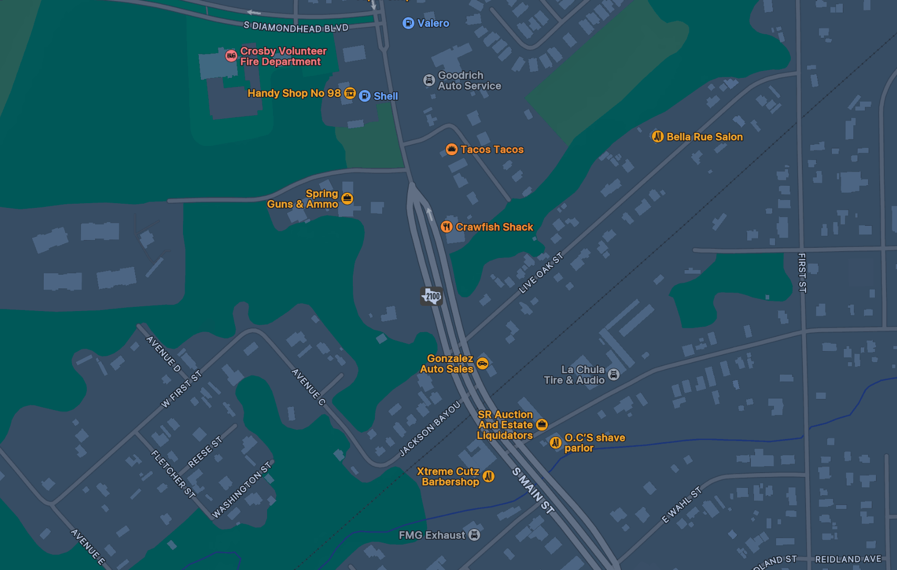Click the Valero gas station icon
point(408,23)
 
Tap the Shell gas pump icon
point(364,96)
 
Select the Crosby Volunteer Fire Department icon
point(231,56)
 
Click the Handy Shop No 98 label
point(294,93)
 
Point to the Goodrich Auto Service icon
point(429,80)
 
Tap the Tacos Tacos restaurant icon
point(451,149)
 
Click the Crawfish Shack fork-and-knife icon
point(446,227)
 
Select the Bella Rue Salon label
point(704,137)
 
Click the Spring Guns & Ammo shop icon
point(347,198)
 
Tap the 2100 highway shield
point(432,296)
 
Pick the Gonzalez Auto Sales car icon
point(482,364)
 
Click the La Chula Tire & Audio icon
point(614,375)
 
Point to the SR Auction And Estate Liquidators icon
point(542,425)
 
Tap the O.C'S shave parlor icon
point(555,443)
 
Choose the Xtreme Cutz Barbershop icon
point(488,476)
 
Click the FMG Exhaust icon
point(474,535)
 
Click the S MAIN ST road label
point(533,491)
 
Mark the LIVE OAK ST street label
point(541,273)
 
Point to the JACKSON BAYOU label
point(430,428)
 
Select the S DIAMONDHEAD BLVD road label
point(295,27)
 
